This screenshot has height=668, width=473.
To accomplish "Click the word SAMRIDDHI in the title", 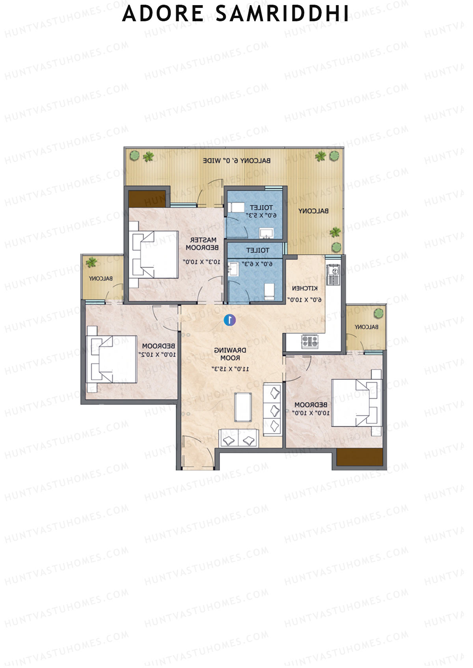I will coord(282,14).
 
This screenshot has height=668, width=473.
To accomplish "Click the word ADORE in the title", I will coord(163,14).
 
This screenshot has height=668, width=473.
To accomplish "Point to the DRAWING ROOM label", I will coord(230,354).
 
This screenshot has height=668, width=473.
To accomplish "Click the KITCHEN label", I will coord(305,288).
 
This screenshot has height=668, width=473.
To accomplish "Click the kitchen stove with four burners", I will coord(310,341).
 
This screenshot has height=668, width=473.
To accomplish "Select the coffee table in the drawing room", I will coord(243,407).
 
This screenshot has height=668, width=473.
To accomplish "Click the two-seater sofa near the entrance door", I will coord(238,439).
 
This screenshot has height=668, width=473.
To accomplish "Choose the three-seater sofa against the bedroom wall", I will coord(273,409).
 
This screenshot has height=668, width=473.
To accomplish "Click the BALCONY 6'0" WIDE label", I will coord(236,161).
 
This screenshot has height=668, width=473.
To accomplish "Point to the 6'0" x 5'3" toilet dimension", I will coord(261,215).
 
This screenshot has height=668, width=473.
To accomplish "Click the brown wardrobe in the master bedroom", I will coord(147,199).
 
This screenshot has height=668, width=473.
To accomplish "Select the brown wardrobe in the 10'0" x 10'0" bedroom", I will coord(360,457).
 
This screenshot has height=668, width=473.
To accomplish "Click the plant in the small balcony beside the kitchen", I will coord(378,313).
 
